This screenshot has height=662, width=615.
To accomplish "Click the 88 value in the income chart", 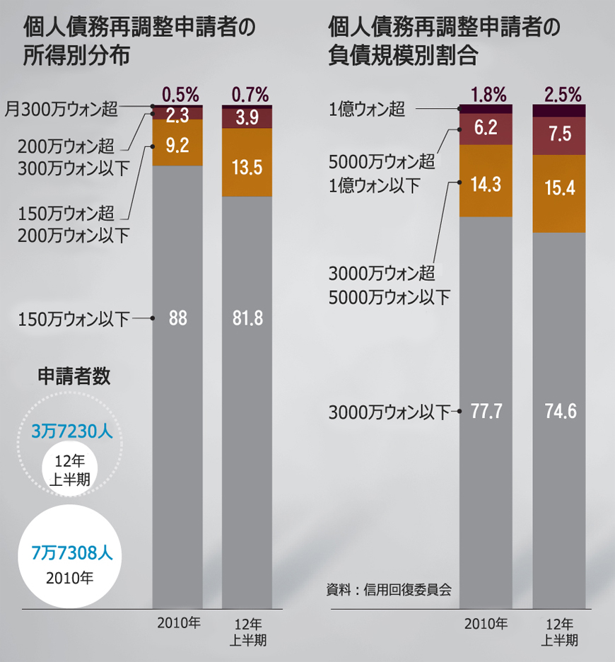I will click(178, 319).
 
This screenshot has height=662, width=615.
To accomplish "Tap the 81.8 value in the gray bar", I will click(247, 319).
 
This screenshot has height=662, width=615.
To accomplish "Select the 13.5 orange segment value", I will click(247, 168).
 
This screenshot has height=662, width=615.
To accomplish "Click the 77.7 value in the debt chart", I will click(486, 411).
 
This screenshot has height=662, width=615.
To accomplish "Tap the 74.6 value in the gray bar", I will click(558, 411).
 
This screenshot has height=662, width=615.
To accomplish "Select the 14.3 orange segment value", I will click(486, 185).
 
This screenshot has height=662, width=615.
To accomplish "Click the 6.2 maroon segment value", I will click(486, 129).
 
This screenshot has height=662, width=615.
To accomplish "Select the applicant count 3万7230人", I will click(72, 431).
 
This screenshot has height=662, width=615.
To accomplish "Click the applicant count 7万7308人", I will click(72, 552).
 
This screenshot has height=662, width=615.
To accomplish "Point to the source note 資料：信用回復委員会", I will click(389, 588).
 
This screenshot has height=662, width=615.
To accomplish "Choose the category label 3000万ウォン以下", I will click(389, 412).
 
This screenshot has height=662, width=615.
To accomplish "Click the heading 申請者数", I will click(74, 376).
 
